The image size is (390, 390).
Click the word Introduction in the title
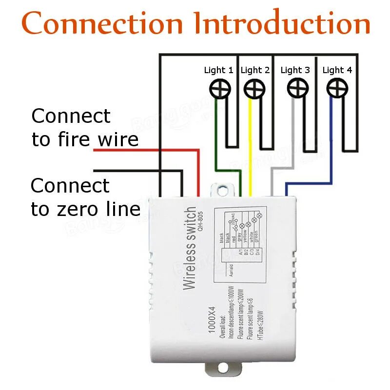point(282,23)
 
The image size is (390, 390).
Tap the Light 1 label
point(218,70)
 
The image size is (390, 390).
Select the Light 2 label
point(255,70)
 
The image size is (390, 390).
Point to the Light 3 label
point(295,70)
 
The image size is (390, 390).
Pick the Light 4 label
point(337,70)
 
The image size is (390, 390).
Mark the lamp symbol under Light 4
point(335,89)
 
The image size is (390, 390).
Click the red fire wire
point(146,150)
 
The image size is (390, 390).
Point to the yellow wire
point(251,146)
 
